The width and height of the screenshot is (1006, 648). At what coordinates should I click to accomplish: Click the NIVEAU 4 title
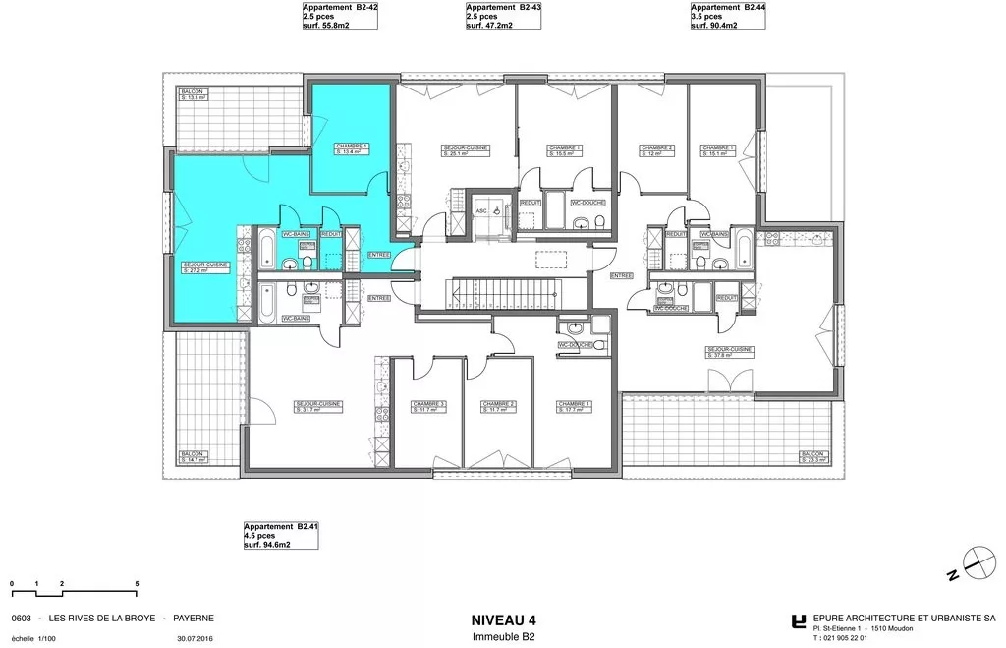pos(504,619)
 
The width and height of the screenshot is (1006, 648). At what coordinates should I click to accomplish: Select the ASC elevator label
pos(481,211)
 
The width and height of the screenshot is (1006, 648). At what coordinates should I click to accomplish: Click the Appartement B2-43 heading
pos(504,6)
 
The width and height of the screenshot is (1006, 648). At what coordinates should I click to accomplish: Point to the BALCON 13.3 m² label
pos(193,94)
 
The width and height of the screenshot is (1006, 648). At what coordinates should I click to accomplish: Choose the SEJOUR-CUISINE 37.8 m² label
pos(729,352)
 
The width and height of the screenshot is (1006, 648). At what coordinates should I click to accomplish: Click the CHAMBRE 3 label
pos(429,407)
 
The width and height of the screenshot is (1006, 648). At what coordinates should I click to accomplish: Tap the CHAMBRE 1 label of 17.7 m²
pos(574,407)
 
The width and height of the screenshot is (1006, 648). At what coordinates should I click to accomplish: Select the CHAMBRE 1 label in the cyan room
pos(351,148)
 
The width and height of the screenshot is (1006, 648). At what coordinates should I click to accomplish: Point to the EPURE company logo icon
pos(799,621)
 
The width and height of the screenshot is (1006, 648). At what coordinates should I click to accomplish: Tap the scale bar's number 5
pos(137,584)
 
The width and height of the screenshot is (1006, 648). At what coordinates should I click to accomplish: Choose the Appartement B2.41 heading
pos(281,527)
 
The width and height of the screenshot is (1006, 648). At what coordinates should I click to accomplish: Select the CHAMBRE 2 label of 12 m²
pos(657,150)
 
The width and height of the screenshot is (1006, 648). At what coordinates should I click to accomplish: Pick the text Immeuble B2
pos(504,637)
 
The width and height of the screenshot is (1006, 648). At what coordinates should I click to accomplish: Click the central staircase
pos(502,292)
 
